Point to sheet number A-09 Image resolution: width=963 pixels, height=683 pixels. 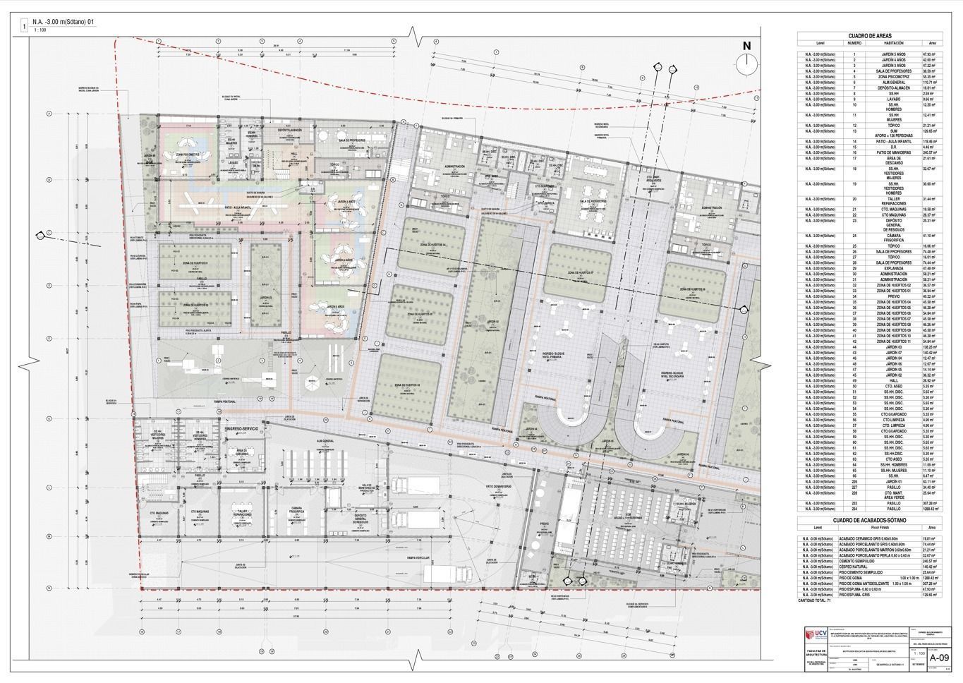point(938,655)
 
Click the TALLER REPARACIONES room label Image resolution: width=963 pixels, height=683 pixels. point(246,512)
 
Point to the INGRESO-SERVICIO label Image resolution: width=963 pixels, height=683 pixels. point(245,428)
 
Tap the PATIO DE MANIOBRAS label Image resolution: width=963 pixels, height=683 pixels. point(497,486)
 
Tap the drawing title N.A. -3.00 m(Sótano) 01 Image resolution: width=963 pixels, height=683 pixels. point(63,23)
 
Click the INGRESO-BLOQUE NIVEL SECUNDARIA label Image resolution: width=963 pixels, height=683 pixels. point(679,373)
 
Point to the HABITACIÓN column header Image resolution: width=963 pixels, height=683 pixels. point(893,43)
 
